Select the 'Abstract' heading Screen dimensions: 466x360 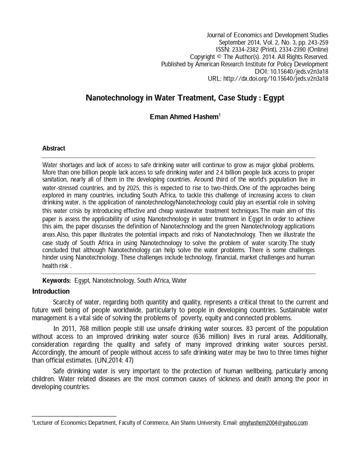(54, 148)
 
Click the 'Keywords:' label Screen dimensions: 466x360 (57, 281)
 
